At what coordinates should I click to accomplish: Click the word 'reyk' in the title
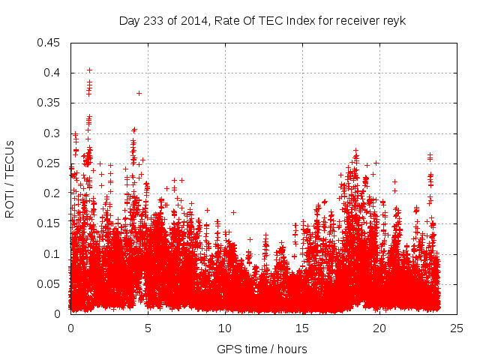pos(394,21)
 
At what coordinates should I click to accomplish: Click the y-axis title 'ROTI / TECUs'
pos(10,178)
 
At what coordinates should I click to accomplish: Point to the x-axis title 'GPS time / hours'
pos(262,349)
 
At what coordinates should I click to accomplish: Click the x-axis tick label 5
pos(148,328)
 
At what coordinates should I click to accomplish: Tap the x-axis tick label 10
pos(225,328)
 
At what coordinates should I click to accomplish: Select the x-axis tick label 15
pos(302,328)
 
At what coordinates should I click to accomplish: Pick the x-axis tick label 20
pos(379,328)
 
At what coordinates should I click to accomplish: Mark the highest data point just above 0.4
pos(89,70)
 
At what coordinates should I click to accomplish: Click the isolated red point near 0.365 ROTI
pos(139,93)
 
